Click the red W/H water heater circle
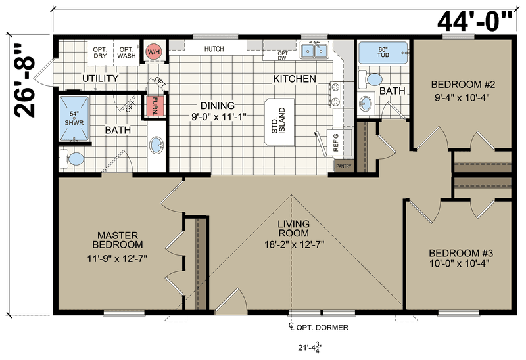pyautogui.click(x=155, y=52)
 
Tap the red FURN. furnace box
pyautogui.click(x=155, y=106)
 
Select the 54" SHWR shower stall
pyautogui.click(x=74, y=118)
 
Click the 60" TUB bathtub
pyautogui.click(x=383, y=53)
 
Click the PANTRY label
pyautogui.click(x=344, y=166)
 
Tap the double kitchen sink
pyautogui.click(x=314, y=51)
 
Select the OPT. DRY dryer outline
pyautogui.click(x=100, y=53)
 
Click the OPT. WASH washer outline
pyautogui.click(x=126, y=53)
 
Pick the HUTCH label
pyautogui.click(x=214, y=49)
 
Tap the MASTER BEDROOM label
pyautogui.click(x=118, y=240)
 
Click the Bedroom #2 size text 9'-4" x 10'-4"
pyautogui.click(x=463, y=97)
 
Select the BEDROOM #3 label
pyautogui.click(x=461, y=253)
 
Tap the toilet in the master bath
pyautogui.click(x=72, y=159)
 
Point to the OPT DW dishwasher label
pyautogui.click(x=283, y=56)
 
